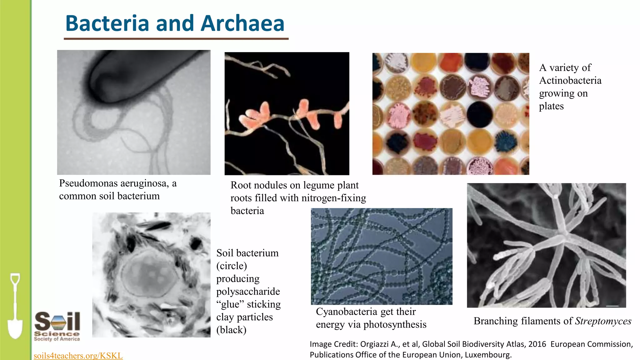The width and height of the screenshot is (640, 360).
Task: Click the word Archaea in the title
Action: pos(242,23)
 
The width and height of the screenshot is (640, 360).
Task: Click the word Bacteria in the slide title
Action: pos(107,23)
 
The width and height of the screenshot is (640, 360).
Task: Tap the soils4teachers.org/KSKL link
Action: pos(78,356)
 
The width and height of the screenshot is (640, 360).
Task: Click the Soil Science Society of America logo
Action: pos(57,326)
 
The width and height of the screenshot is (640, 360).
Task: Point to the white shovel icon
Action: pos(15,306)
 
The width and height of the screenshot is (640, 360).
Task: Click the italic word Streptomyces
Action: pos(603,321)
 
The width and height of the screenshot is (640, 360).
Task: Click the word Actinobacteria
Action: pos(570,81)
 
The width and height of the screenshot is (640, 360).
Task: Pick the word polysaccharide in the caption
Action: pos(248,291)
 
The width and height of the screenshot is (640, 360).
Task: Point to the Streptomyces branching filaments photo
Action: pos(546,245)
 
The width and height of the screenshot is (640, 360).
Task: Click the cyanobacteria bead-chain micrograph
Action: pos(382,256)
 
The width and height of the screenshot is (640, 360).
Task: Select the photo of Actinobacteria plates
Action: pos(451,114)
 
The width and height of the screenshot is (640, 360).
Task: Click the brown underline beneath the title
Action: pos(176,39)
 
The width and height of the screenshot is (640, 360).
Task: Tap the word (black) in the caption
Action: pos(231,330)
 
